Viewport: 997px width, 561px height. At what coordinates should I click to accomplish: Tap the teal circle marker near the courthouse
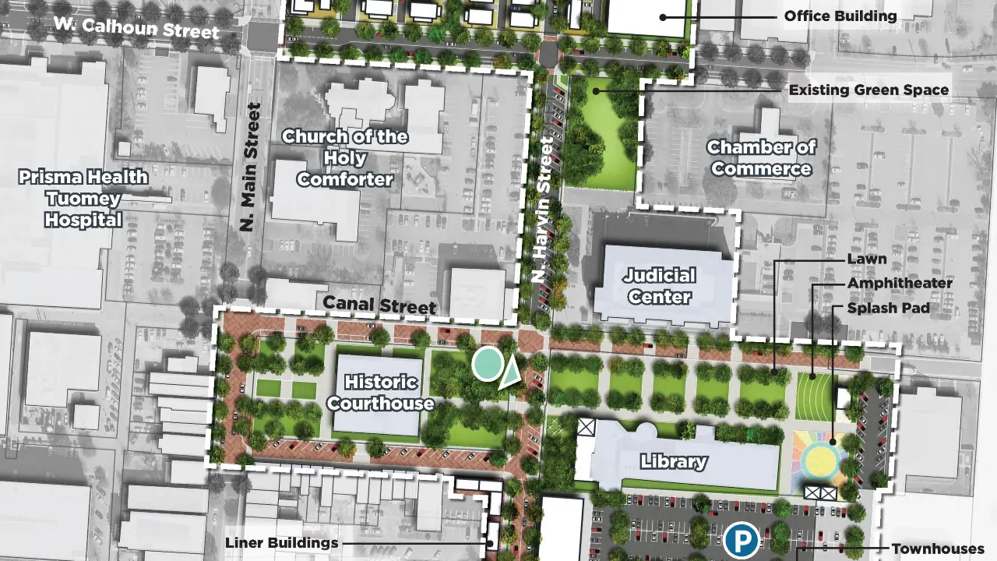[488, 364]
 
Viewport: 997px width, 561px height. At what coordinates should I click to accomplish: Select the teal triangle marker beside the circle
[510, 373]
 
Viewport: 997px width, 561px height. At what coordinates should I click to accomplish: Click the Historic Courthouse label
[380, 393]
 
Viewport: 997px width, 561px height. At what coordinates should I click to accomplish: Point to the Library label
[674, 461]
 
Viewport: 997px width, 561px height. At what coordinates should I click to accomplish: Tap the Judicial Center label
[658, 286]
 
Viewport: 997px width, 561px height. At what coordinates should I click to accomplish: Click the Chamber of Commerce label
[761, 158]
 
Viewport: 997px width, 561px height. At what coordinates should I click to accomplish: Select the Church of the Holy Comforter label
[344, 158]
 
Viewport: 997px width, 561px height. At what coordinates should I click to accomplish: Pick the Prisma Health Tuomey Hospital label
[84, 199]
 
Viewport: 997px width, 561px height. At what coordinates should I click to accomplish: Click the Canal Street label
[379, 304]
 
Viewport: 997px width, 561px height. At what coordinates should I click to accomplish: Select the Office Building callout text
[840, 16]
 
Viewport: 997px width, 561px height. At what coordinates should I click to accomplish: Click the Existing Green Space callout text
[868, 90]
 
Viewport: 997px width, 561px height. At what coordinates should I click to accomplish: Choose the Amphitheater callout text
[900, 284]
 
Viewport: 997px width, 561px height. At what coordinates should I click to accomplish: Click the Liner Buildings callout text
[281, 543]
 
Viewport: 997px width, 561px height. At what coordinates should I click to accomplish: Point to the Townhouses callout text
[938, 549]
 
